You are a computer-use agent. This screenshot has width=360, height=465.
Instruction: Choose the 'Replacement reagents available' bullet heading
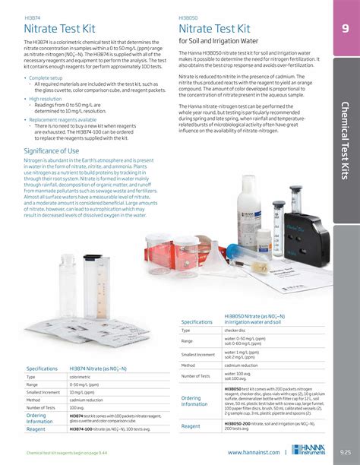[x=62, y=120]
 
